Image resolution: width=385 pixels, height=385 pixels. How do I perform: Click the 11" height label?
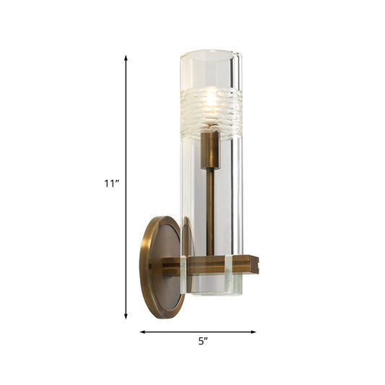111,183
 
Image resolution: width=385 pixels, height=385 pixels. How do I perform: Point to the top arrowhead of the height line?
127,57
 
